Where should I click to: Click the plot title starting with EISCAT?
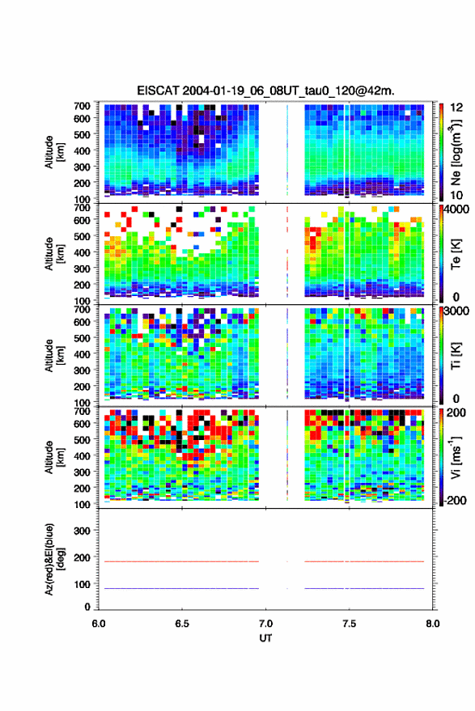point(265,91)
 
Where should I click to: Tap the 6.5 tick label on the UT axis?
point(182,624)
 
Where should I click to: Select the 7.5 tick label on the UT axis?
point(349,624)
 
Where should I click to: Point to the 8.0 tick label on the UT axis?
point(432,624)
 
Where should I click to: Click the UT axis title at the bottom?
point(265,638)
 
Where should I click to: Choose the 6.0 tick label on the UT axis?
point(99,624)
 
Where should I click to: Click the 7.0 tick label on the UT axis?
point(265,624)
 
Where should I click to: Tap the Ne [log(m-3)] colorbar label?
point(455,151)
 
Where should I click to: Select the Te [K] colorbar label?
point(456,254)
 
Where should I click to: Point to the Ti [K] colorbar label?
point(456,356)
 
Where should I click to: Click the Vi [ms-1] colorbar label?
point(456,457)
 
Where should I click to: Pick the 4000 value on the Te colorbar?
point(456,209)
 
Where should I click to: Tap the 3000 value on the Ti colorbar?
point(456,311)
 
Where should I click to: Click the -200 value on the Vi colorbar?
point(454,500)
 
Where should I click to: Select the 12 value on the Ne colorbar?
point(456,108)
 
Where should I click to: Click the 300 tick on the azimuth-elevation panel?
point(82,531)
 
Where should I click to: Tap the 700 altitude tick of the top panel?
point(82,106)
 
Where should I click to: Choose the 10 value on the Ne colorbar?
point(456,195)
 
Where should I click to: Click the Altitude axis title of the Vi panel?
point(54,457)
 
